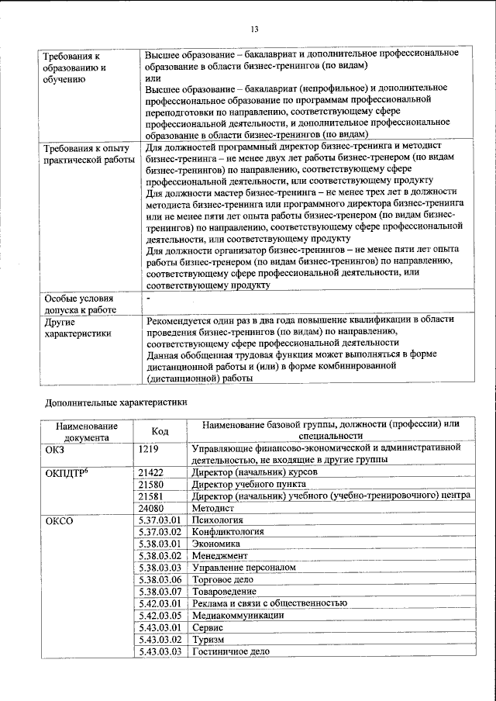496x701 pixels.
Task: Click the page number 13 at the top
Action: pos(254,29)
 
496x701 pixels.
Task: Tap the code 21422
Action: pos(150,472)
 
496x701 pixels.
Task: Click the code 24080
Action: pos(150,508)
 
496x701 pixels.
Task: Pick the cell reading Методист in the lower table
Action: pos(211,508)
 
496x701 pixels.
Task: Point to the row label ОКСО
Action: pos(60,520)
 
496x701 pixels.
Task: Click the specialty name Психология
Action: pos(218,520)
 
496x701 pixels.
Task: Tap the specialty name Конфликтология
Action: pos(228,532)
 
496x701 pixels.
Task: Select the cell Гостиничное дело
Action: pos(231,651)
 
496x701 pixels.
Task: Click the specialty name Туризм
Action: pos(208,640)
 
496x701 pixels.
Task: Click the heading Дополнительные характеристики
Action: pos(116,403)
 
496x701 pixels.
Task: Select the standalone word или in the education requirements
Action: pos(153,78)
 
